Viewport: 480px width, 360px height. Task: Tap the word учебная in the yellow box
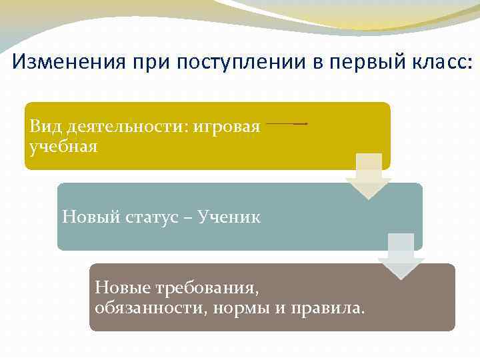(64, 146)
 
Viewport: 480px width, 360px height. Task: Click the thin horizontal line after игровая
(287, 124)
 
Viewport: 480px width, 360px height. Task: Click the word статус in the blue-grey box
(149, 217)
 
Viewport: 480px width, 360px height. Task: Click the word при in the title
(147, 63)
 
